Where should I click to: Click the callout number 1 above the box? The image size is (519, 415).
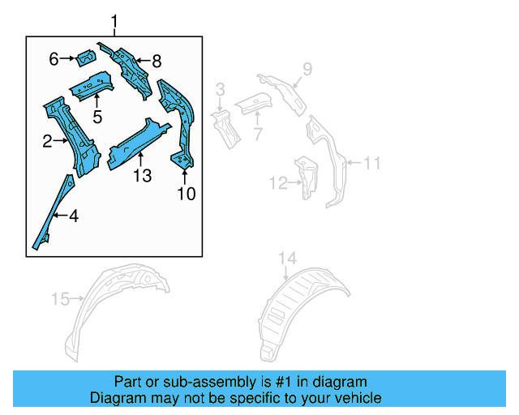click(114, 20)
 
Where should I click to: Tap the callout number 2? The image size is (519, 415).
click(48, 142)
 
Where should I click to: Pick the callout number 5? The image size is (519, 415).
click(97, 116)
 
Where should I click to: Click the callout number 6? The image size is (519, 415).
click(54, 58)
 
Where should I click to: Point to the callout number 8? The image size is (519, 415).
click(157, 60)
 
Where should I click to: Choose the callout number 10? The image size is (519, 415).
click(187, 194)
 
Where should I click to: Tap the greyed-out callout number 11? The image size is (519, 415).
click(371, 164)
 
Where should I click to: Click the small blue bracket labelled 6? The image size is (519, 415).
click(84, 58)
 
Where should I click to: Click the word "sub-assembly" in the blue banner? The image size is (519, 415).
click(194, 381)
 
